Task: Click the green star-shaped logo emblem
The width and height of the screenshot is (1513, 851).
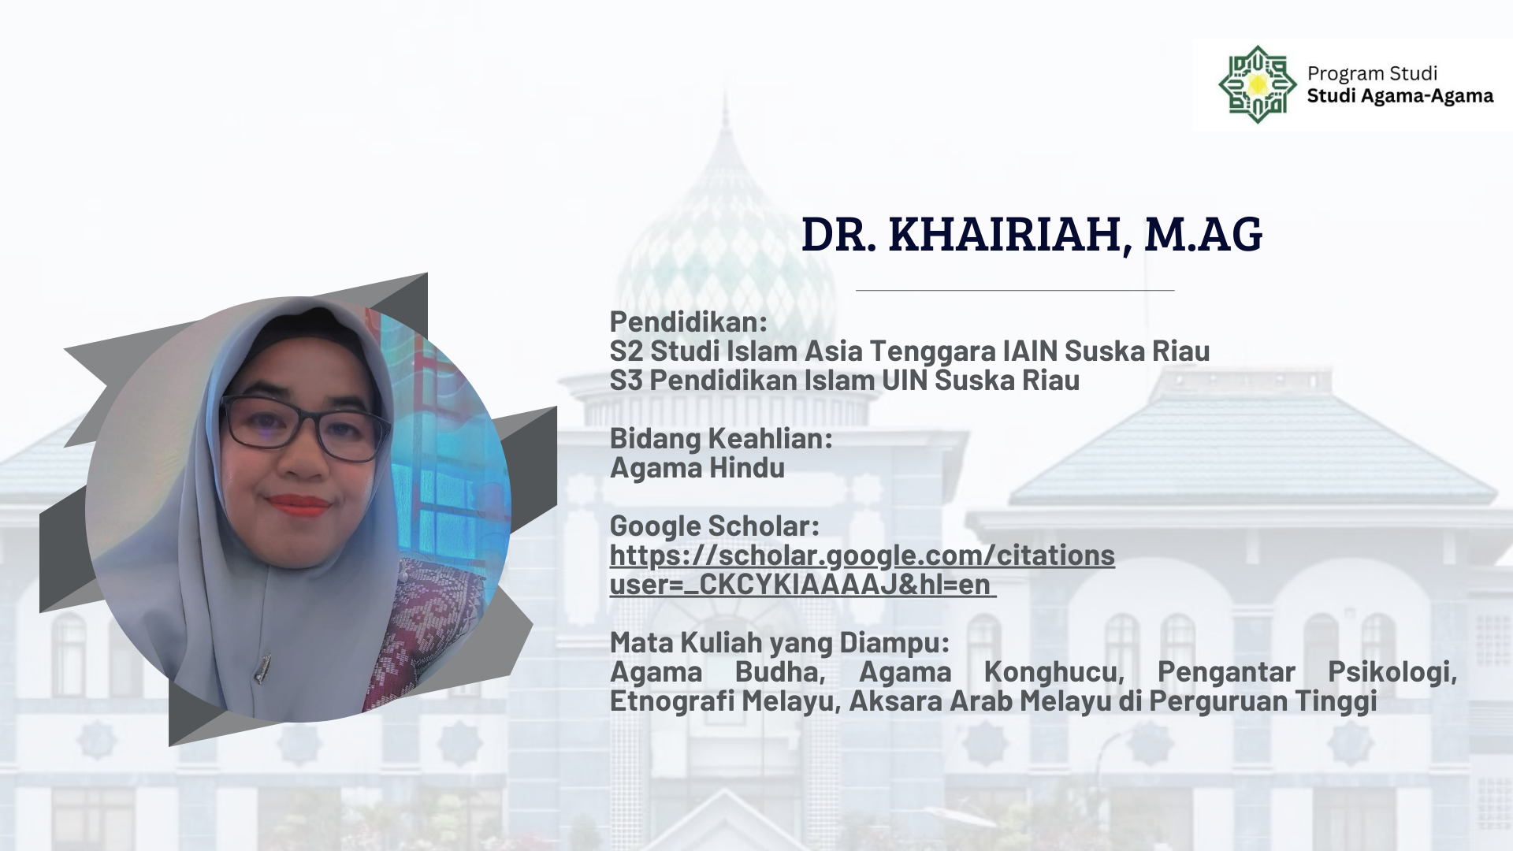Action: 1257,84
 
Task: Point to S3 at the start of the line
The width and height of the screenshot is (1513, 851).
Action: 626,381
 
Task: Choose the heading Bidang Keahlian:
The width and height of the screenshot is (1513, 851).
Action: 721,438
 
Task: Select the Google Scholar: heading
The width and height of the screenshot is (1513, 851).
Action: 715,526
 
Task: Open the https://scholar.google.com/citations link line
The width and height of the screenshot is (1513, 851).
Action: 862,556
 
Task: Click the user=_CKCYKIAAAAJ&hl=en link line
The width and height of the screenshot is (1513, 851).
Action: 803,585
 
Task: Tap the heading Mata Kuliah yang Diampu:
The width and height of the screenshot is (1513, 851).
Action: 780,643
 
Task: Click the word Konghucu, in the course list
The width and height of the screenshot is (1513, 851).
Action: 1054,672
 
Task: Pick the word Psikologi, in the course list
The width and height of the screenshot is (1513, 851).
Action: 1392,672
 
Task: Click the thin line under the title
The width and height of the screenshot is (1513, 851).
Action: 1015,291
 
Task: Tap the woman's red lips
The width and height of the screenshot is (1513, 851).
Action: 299,505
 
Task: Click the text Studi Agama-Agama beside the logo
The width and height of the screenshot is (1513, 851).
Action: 1400,96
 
